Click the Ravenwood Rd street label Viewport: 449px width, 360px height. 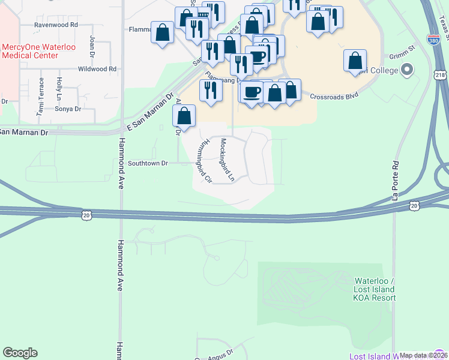56,25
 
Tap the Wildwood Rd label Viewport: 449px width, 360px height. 97,69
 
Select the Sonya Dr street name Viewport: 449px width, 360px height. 68,109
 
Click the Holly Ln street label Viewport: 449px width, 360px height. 59,89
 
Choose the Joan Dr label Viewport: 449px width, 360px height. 92,46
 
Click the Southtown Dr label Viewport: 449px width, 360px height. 148,163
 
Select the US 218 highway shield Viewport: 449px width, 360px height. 439,74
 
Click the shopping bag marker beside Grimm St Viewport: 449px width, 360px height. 355,60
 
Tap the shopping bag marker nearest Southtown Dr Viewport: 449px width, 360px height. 184,115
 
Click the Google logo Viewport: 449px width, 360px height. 20,353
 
